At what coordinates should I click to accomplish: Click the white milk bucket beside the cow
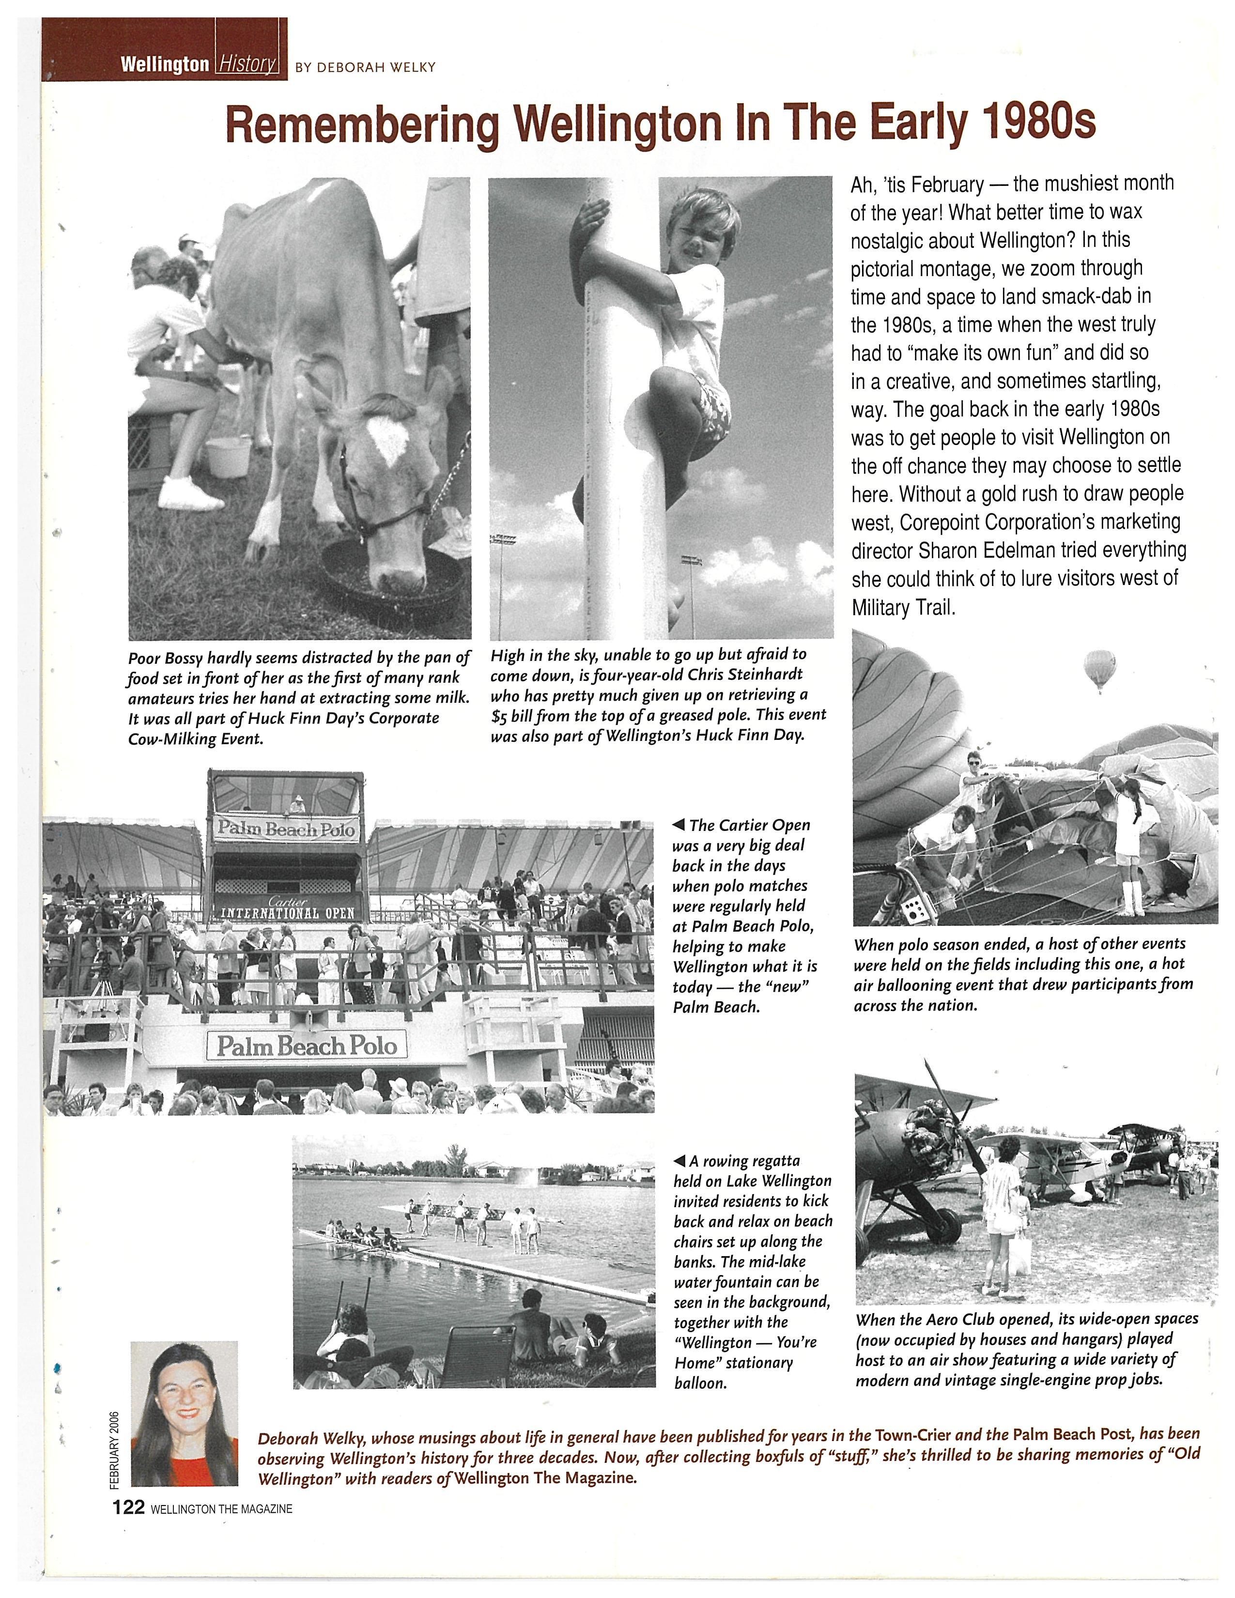tap(230, 456)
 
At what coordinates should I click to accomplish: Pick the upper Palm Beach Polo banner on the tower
tap(285, 829)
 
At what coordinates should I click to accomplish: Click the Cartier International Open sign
tap(288, 909)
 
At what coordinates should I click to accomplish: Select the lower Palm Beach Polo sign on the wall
tap(307, 1046)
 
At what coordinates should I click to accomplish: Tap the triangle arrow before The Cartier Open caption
tap(678, 825)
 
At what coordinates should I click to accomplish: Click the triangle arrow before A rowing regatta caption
tap(679, 1161)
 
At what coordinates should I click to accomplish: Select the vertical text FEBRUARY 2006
tap(114, 1449)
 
